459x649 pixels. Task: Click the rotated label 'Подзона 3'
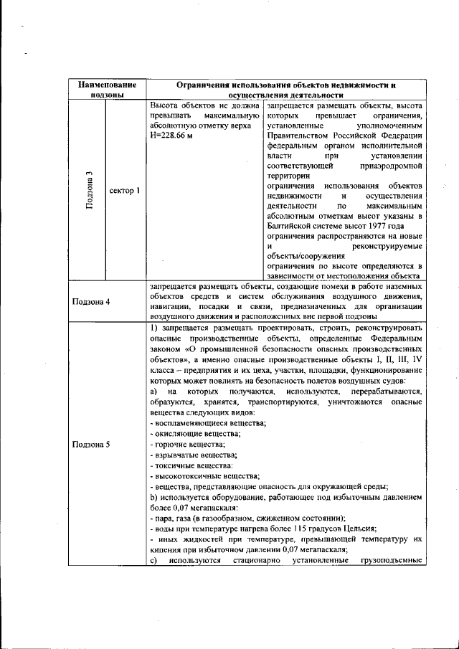[89, 191]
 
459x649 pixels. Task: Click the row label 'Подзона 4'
[90, 301]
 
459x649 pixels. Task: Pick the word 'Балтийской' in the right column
[288, 227]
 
